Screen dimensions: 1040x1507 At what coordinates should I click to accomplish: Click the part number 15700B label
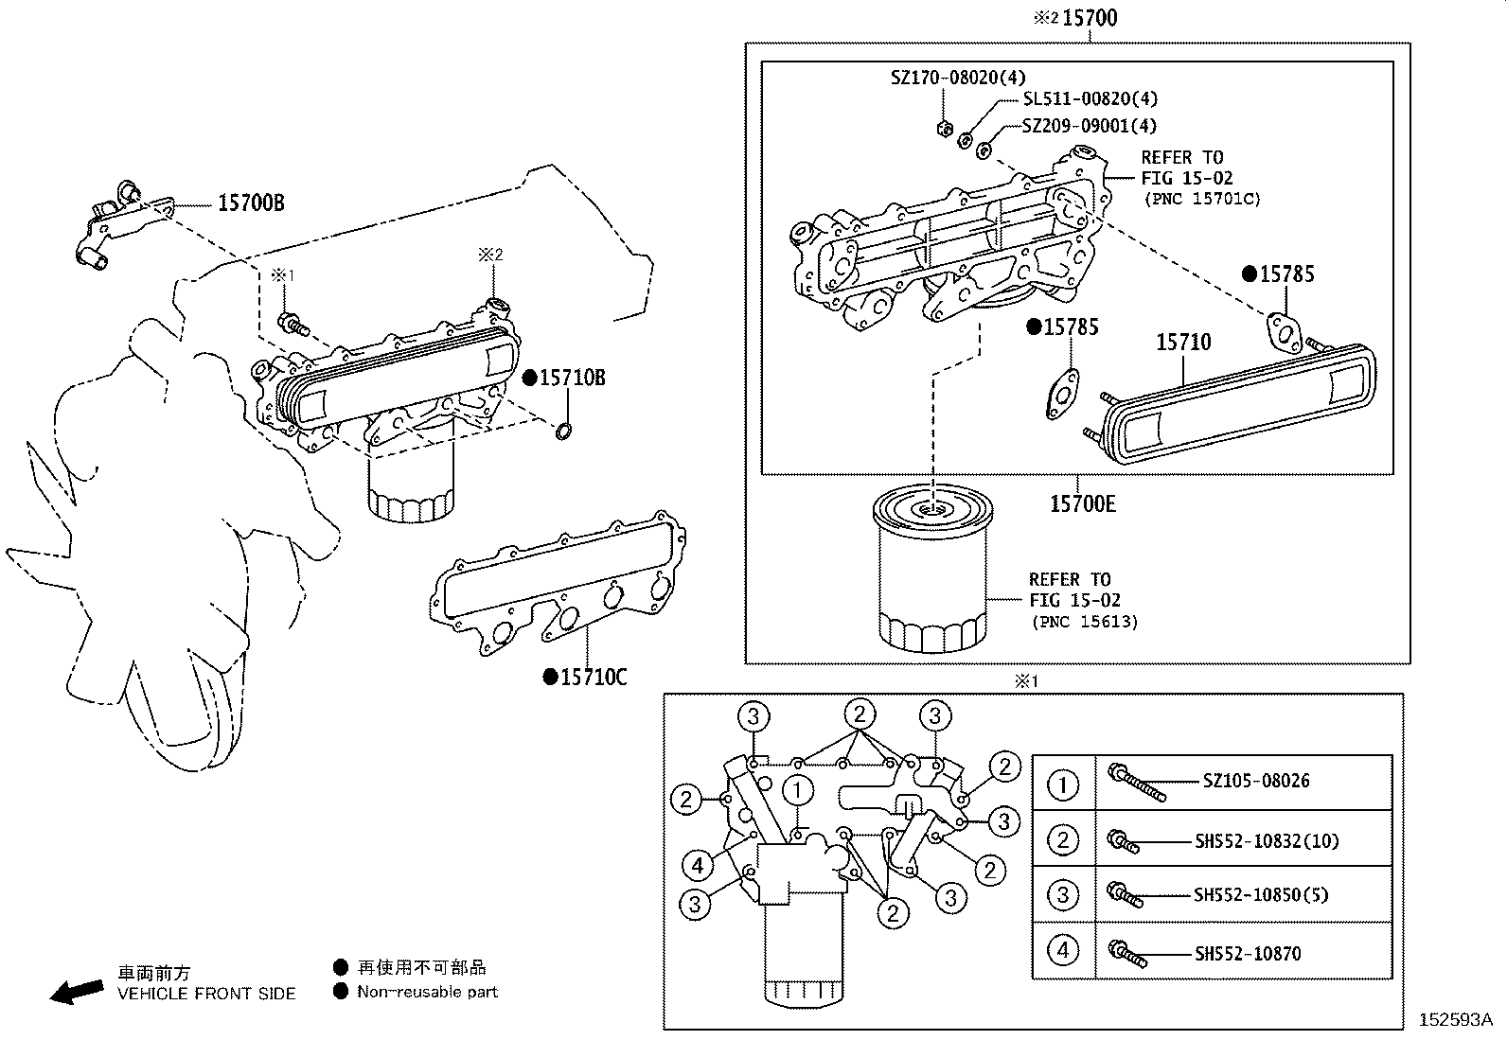[x=251, y=203]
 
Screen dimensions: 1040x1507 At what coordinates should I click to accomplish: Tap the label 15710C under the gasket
[x=594, y=677]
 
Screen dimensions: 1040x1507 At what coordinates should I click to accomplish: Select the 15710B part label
[x=573, y=378]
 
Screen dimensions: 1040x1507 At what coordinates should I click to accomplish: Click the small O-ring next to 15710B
[x=562, y=433]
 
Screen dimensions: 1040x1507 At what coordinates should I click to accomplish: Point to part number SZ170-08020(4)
[x=957, y=78]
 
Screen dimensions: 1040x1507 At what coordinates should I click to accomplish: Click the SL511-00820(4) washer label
[x=1090, y=98]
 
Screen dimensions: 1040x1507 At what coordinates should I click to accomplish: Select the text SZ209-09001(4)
[x=1089, y=125]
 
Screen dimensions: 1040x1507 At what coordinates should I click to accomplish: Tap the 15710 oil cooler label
[x=1182, y=342]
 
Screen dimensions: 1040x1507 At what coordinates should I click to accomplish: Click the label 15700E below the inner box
[x=1082, y=504]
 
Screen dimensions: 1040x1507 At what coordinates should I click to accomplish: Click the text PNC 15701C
[x=1202, y=199]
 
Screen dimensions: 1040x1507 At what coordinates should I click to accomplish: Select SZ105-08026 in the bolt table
[x=1255, y=781]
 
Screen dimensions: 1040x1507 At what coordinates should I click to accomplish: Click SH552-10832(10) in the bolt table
[x=1266, y=840]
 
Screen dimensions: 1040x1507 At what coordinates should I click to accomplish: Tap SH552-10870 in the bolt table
[x=1247, y=953]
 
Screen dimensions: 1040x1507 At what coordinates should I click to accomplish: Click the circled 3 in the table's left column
[x=1063, y=894]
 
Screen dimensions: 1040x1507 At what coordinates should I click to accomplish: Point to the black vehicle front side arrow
[x=77, y=991]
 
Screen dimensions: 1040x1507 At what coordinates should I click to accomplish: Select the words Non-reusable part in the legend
[x=427, y=992]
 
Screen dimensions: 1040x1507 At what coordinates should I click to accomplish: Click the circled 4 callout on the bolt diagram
[x=698, y=864]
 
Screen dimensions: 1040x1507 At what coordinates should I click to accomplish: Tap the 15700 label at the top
[x=1089, y=18]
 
